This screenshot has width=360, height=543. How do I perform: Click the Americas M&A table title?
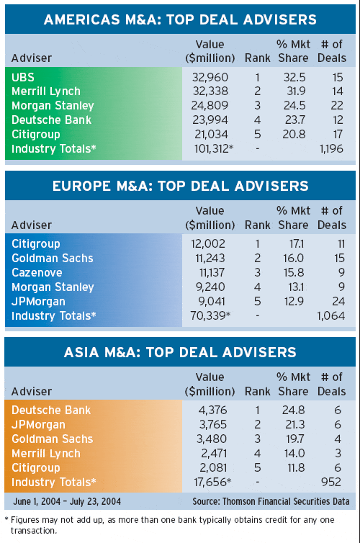point(180,19)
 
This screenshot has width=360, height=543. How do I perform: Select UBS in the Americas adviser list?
point(23,77)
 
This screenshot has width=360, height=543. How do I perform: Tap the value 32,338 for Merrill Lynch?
point(210,91)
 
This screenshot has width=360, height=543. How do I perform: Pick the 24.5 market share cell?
point(294,105)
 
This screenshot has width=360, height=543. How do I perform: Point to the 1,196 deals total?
point(331,148)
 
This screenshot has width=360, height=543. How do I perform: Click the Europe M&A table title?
point(180,186)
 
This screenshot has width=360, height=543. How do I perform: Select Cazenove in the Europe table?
point(37,272)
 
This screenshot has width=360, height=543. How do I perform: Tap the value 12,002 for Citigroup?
point(207,244)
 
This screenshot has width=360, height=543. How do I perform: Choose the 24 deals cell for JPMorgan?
point(338,301)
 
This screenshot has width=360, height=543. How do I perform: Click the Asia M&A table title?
point(180,352)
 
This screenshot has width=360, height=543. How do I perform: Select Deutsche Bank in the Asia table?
point(51,410)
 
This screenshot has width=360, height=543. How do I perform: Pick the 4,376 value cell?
point(212,410)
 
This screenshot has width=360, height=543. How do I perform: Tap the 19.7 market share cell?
point(295,439)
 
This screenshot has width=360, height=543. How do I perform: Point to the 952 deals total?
point(331,482)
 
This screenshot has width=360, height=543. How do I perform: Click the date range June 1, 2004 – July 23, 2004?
point(67,501)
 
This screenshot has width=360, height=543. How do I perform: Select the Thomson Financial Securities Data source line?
point(271,501)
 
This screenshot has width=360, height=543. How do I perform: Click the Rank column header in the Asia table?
point(257,391)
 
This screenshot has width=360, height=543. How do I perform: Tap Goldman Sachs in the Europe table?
point(53,258)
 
